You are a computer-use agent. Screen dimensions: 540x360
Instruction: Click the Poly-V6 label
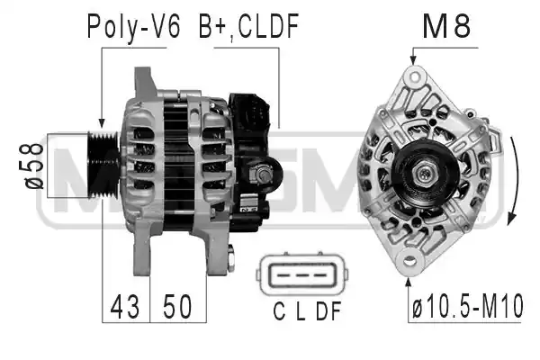click(133, 27)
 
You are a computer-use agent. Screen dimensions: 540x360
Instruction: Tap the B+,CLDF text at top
click(248, 27)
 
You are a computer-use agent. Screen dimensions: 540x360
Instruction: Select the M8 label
click(446, 26)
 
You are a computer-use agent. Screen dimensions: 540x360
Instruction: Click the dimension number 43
click(125, 306)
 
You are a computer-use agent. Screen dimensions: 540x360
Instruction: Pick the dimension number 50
click(177, 306)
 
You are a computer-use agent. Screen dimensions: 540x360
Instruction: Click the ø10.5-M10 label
click(468, 306)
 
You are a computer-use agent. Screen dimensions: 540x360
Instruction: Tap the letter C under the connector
click(279, 311)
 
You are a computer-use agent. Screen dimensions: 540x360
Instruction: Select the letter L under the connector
click(301, 311)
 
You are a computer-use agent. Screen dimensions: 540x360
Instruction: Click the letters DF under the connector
click(328, 311)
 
